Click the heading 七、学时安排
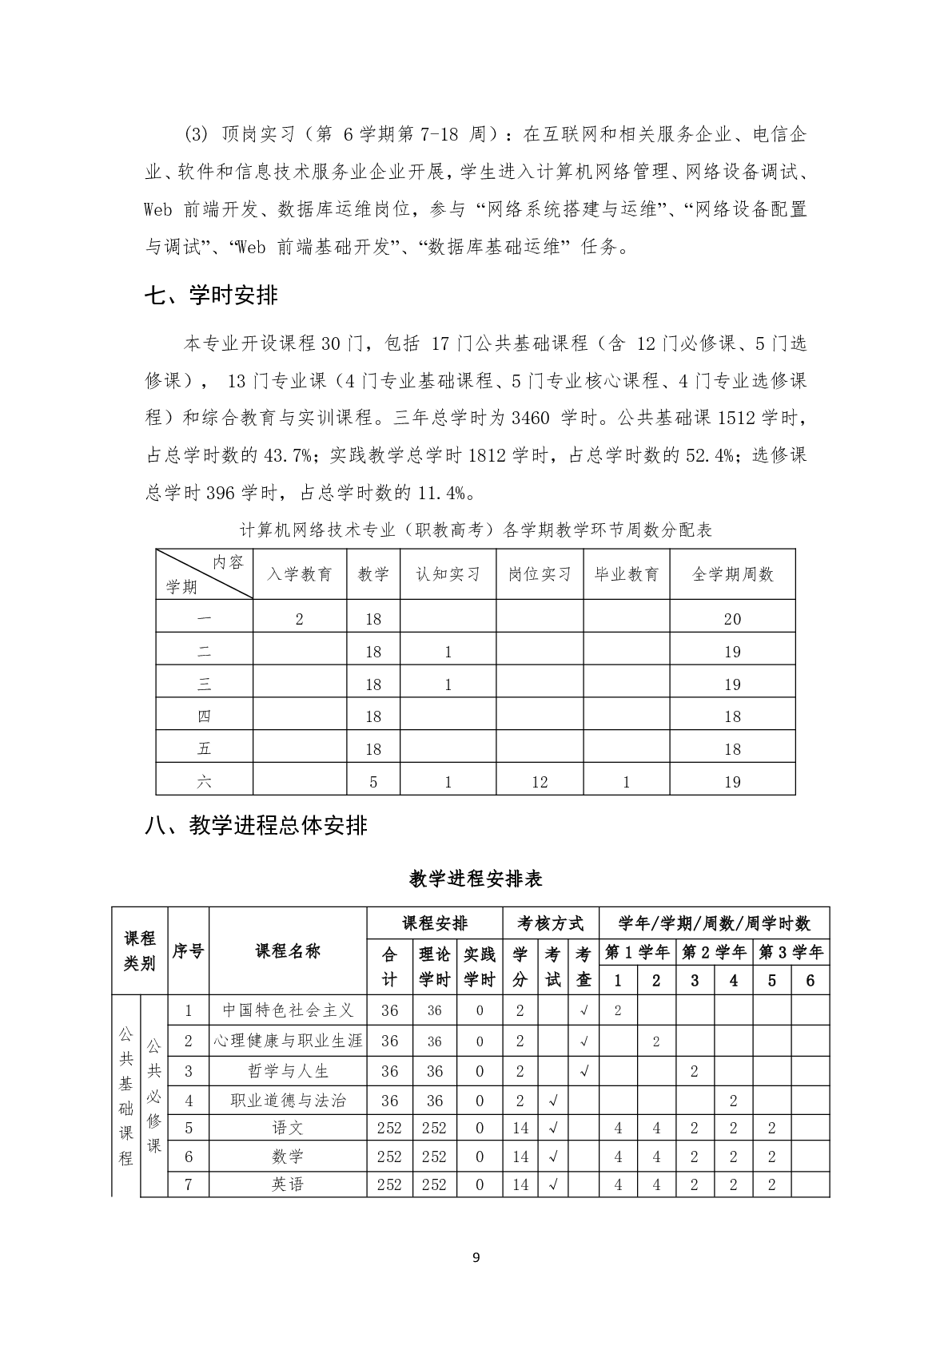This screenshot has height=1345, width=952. pyautogui.click(x=211, y=296)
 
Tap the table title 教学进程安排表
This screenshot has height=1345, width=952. pyautogui.click(x=476, y=879)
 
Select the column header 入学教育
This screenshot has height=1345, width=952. pyautogui.click(x=300, y=574)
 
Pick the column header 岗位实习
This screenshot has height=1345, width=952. pyautogui.click(x=540, y=574)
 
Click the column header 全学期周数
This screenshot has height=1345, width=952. pyautogui.click(x=732, y=574)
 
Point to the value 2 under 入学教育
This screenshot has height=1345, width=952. pyautogui.click(x=300, y=619)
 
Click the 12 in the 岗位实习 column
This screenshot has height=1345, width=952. pyautogui.click(x=540, y=782)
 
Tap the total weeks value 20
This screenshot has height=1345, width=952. pyautogui.click(x=732, y=619)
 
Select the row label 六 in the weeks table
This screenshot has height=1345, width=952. pyautogui.click(x=204, y=782)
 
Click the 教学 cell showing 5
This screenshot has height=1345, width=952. pyautogui.click(x=373, y=782)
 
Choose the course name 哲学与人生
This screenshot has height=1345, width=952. pyautogui.click(x=288, y=1071)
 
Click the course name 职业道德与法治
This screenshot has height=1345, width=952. pyautogui.click(x=288, y=1101)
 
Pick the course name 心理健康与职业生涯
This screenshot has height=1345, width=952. pyautogui.click(x=288, y=1041)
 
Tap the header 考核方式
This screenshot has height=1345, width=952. pyautogui.click(x=551, y=923)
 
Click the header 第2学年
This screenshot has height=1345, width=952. pyautogui.click(x=714, y=952)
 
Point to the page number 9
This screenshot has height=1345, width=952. pyautogui.click(x=476, y=1258)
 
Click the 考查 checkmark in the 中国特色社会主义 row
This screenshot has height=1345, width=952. pyautogui.click(x=584, y=1010)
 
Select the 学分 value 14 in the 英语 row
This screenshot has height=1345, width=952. pyautogui.click(x=520, y=1184)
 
